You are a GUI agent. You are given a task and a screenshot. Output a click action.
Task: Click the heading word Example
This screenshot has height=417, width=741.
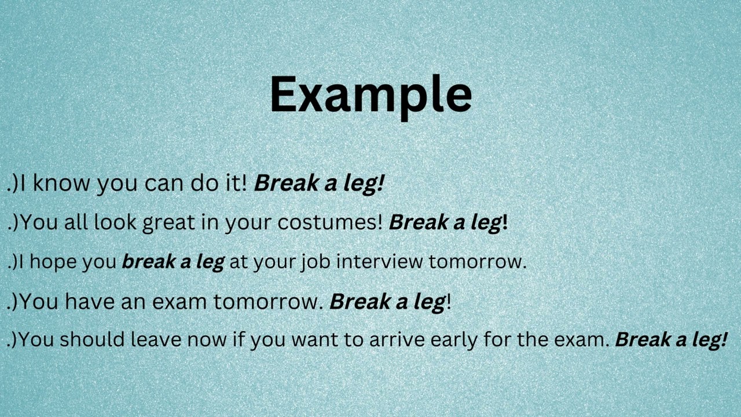370,94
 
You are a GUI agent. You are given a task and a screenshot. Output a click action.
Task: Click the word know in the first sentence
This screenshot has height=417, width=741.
61,183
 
